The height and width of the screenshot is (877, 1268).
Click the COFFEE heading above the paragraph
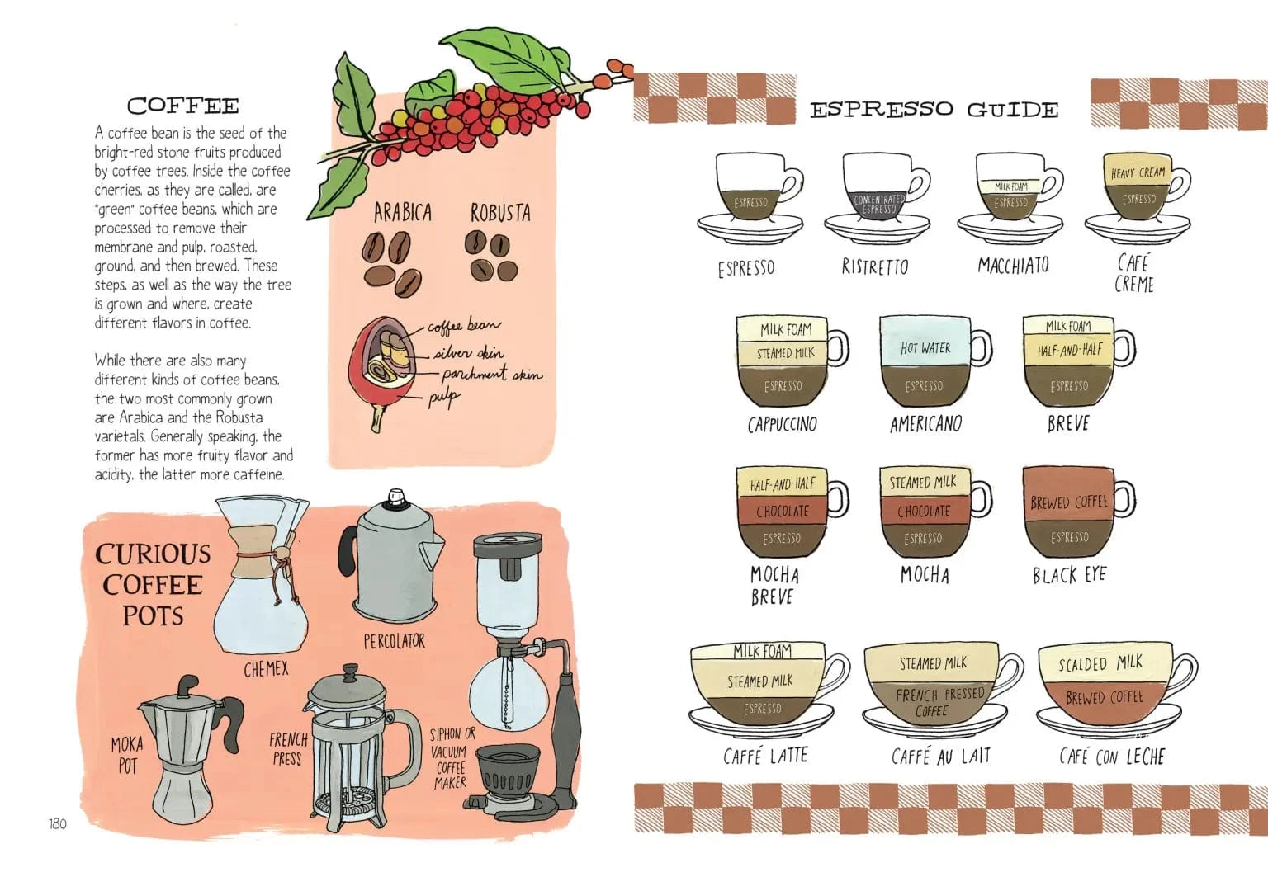pyautogui.click(x=182, y=106)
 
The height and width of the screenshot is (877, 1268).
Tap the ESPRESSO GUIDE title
pyautogui.click(x=934, y=110)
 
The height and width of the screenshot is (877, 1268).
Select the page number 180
pyautogui.click(x=57, y=823)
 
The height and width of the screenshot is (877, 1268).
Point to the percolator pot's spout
pyautogui.click(x=432, y=551)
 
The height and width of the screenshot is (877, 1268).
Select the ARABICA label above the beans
pyautogui.click(x=402, y=213)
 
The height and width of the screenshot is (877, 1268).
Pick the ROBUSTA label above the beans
pyautogui.click(x=500, y=213)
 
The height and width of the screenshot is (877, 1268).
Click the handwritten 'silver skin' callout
pyautogui.click(x=469, y=353)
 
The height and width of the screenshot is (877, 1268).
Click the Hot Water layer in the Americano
pyautogui.click(x=925, y=347)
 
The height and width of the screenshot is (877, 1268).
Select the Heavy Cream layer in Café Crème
pyautogui.click(x=1138, y=172)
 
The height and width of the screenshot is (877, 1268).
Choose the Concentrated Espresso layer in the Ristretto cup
pyautogui.click(x=878, y=204)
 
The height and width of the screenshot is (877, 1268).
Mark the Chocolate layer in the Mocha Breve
pyautogui.click(x=782, y=511)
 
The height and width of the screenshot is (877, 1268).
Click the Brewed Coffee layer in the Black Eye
pyautogui.click(x=1068, y=501)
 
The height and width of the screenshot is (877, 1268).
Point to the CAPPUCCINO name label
pyautogui.click(x=782, y=425)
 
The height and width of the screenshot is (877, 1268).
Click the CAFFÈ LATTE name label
pyautogui.click(x=765, y=756)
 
